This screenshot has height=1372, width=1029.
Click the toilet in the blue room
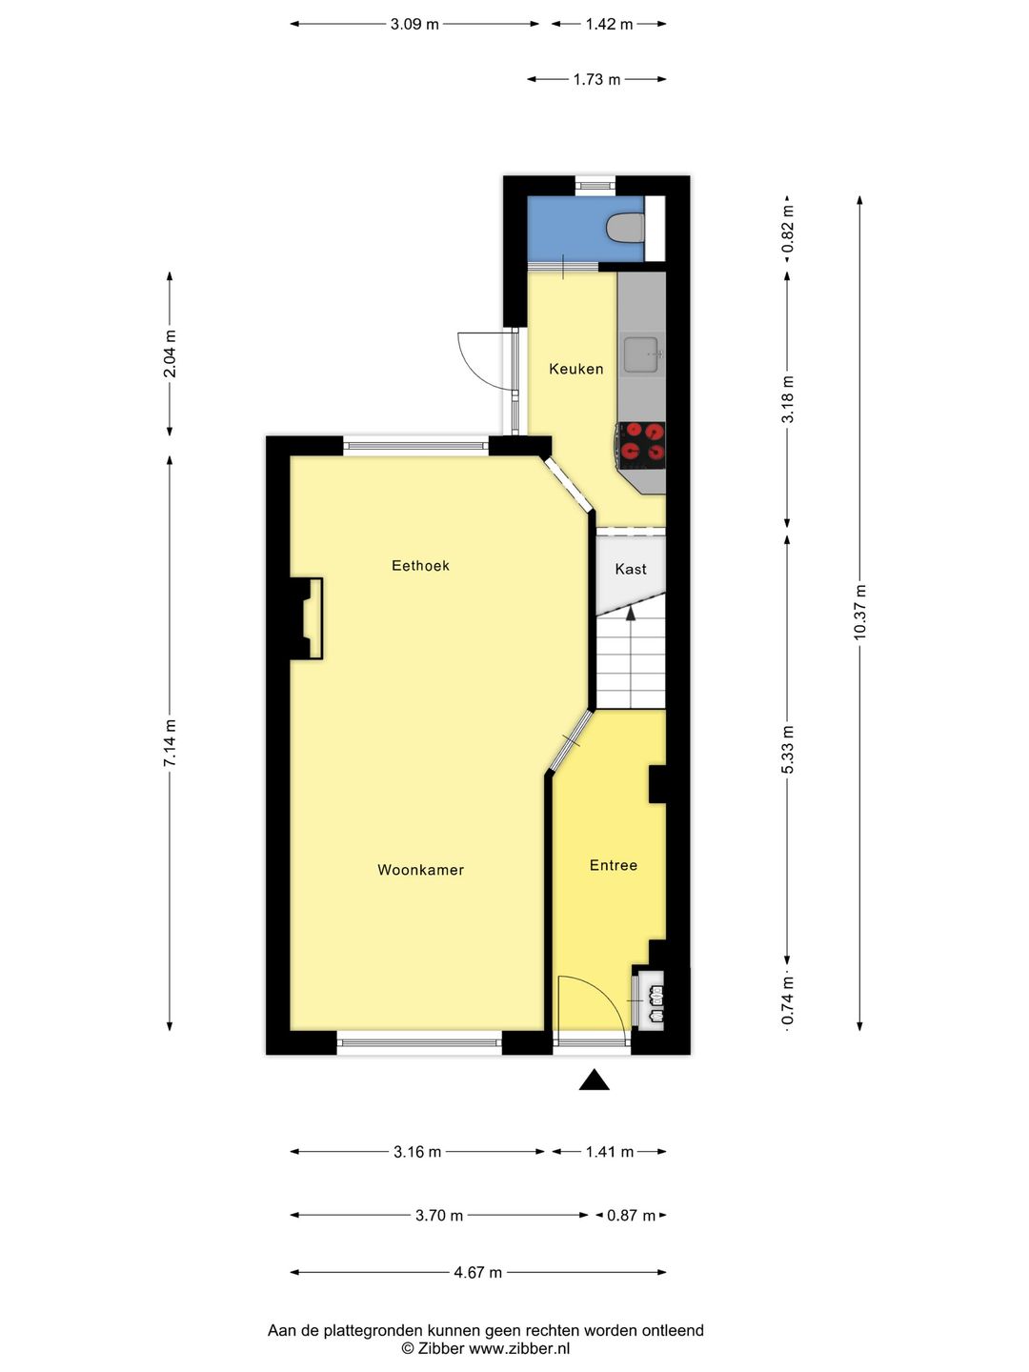click(626, 229)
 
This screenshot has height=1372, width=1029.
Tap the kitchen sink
click(641, 354)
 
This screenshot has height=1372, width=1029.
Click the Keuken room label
click(575, 369)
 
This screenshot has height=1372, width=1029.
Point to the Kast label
click(630, 569)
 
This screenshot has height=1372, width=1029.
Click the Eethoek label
click(420, 565)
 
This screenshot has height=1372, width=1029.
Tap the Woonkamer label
click(420, 870)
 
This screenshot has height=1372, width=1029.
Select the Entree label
click(613, 865)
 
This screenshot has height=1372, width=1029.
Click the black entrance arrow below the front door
click(594, 1079)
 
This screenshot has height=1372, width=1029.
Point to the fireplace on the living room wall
click(307, 618)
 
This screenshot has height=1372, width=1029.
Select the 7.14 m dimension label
click(171, 743)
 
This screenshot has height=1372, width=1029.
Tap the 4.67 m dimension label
click(477, 1272)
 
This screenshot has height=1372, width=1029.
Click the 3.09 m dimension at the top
click(414, 24)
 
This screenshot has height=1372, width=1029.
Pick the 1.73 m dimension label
click(596, 79)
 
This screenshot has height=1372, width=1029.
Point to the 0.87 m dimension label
click(631, 1216)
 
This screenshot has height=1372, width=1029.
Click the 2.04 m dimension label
click(171, 353)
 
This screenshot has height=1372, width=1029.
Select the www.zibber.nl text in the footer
click(519, 1348)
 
